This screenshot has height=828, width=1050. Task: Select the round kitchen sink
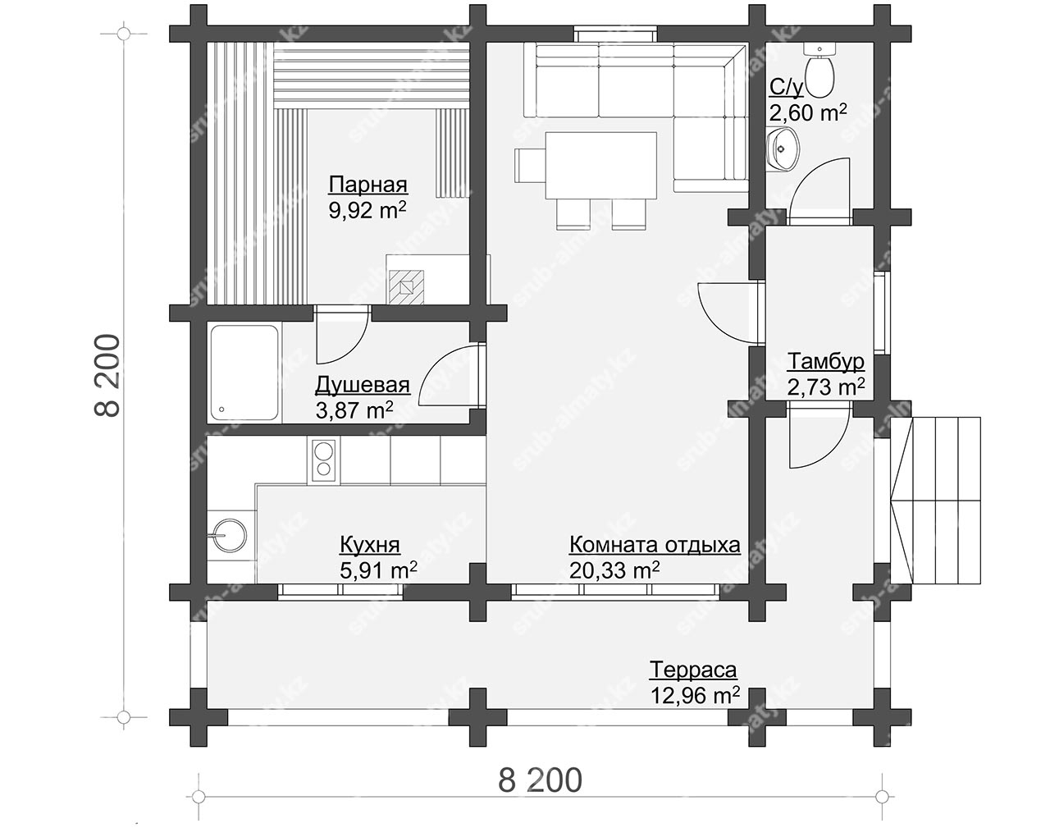coord(229,536)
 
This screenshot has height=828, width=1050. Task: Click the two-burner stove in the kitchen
coord(323,461)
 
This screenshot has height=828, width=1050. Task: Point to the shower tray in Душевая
coord(244,373)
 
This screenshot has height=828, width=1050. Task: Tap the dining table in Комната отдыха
coord(600,165)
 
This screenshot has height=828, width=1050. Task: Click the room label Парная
coord(367,185)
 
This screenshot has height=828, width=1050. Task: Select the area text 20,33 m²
coord(614,570)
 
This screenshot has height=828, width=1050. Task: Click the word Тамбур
coord(825,362)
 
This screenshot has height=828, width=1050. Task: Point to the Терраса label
coord(693,670)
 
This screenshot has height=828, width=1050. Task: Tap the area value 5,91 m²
coord(378,570)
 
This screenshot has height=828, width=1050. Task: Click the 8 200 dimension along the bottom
coord(540,780)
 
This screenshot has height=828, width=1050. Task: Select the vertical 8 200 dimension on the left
coord(107,376)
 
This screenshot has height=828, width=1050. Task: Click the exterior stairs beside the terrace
coord(936,500)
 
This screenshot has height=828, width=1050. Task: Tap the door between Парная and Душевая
coord(341,335)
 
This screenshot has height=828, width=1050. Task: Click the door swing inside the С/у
coord(819,191)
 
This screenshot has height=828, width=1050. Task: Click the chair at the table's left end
coord(530,165)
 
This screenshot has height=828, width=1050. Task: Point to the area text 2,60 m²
coord(808,113)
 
